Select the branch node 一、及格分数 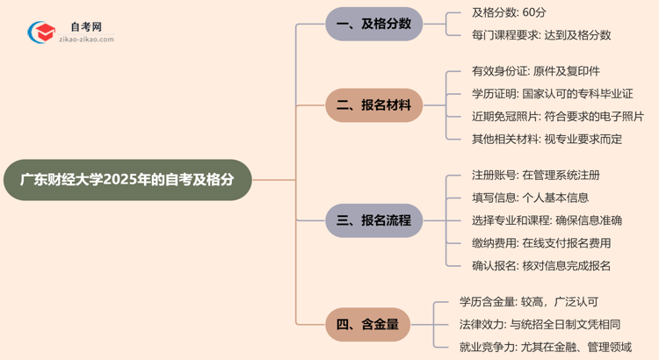pyautogui.click(x=373, y=24)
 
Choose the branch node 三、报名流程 pyautogui.click(x=373, y=220)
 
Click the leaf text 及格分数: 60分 pyautogui.click(x=510, y=13)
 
